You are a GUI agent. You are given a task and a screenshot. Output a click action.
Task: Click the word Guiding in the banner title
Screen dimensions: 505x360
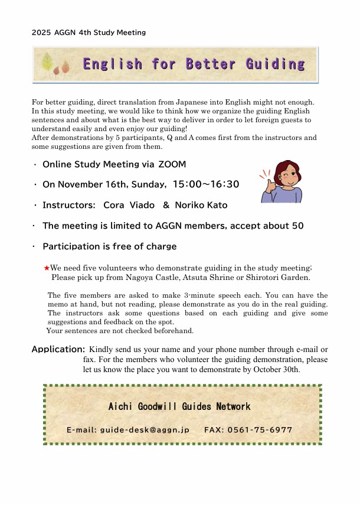[276, 64]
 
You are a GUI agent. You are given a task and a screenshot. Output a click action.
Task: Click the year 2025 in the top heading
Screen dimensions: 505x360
[41, 32]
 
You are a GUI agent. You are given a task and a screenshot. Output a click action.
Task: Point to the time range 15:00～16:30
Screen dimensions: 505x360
[205, 185]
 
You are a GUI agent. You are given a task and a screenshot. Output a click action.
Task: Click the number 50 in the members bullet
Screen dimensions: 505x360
[298, 226]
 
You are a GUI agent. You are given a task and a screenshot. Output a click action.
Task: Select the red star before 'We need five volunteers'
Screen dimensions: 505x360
[47, 268]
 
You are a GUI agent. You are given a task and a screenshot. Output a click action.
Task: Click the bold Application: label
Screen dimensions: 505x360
[58, 349]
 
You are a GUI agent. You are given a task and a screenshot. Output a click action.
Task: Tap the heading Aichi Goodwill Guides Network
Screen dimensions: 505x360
[179, 406]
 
